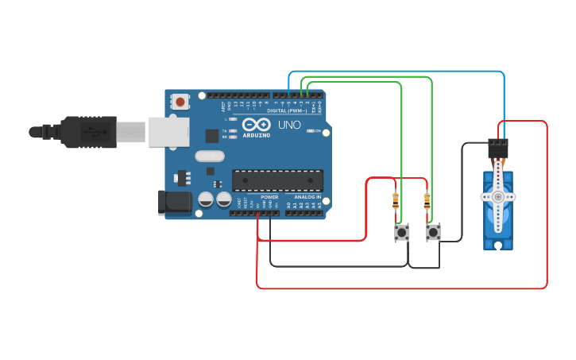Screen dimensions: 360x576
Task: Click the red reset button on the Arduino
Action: [181, 101]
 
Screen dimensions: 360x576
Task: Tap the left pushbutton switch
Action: [402, 232]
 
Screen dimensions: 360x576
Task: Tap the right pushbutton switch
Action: [433, 232]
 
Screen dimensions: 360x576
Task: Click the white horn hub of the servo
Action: [498, 196]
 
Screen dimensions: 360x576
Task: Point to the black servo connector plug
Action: [498, 147]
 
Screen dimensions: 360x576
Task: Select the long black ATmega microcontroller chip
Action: [277, 180]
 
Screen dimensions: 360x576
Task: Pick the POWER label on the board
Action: [269, 197]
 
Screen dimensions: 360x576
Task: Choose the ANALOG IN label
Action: [307, 197]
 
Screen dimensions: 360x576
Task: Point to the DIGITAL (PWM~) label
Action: [288, 110]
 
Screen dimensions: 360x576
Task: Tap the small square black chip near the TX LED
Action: [212, 135]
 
